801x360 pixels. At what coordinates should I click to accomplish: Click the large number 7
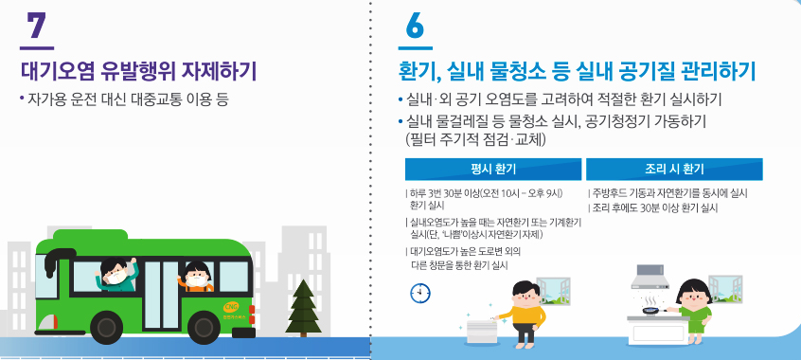pyautogui.click(x=36, y=26)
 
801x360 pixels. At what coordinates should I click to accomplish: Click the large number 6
pyautogui.click(x=416, y=26)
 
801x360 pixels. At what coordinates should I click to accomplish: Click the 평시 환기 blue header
pyautogui.click(x=492, y=170)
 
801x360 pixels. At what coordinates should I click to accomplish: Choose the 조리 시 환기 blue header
pyautogui.click(x=674, y=170)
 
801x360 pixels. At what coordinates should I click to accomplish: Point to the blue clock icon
pyautogui.click(x=418, y=294)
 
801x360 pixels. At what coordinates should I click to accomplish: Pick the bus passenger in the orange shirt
pyautogui.click(x=197, y=278)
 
